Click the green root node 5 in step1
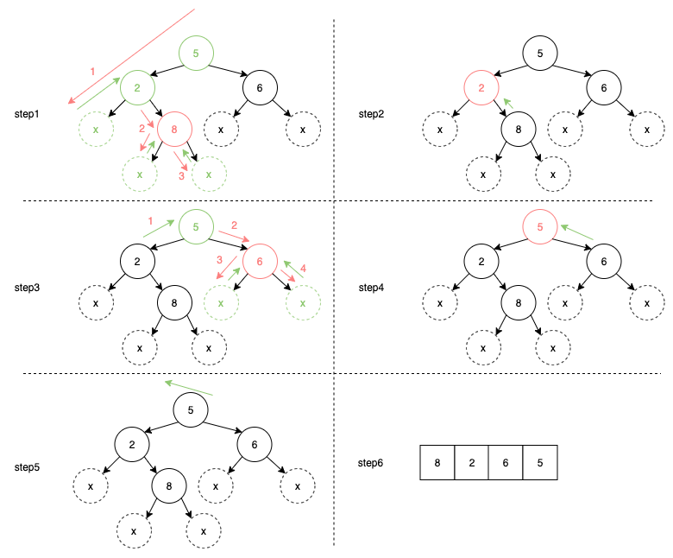pyautogui.click(x=196, y=54)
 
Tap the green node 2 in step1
pyautogui.click(x=136, y=86)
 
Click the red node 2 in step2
pyautogui.click(x=481, y=87)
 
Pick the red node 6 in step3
pyautogui.click(x=258, y=260)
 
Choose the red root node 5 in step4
pyautogui.click(x=540, y=227)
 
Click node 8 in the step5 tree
pyautogui.click(x=169, y=486)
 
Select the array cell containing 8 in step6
pyautogui.click(x=437, y=462)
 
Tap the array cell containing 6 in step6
pyautogui.click(x=506, y=462)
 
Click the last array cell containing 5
pyautogui.click(x=540, y=462)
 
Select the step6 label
pyautogui.click(x=372, y=463)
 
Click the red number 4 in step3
pyautogui.click(x=304, y=267)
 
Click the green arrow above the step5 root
pyautogui.click(x=187, y=387)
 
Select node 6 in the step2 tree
pyautogui.click(x=603, y=87)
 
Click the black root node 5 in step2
pyautogui.click(x=540, y=54)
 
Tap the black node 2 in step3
pyautogui.click(x=136, y=260)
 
